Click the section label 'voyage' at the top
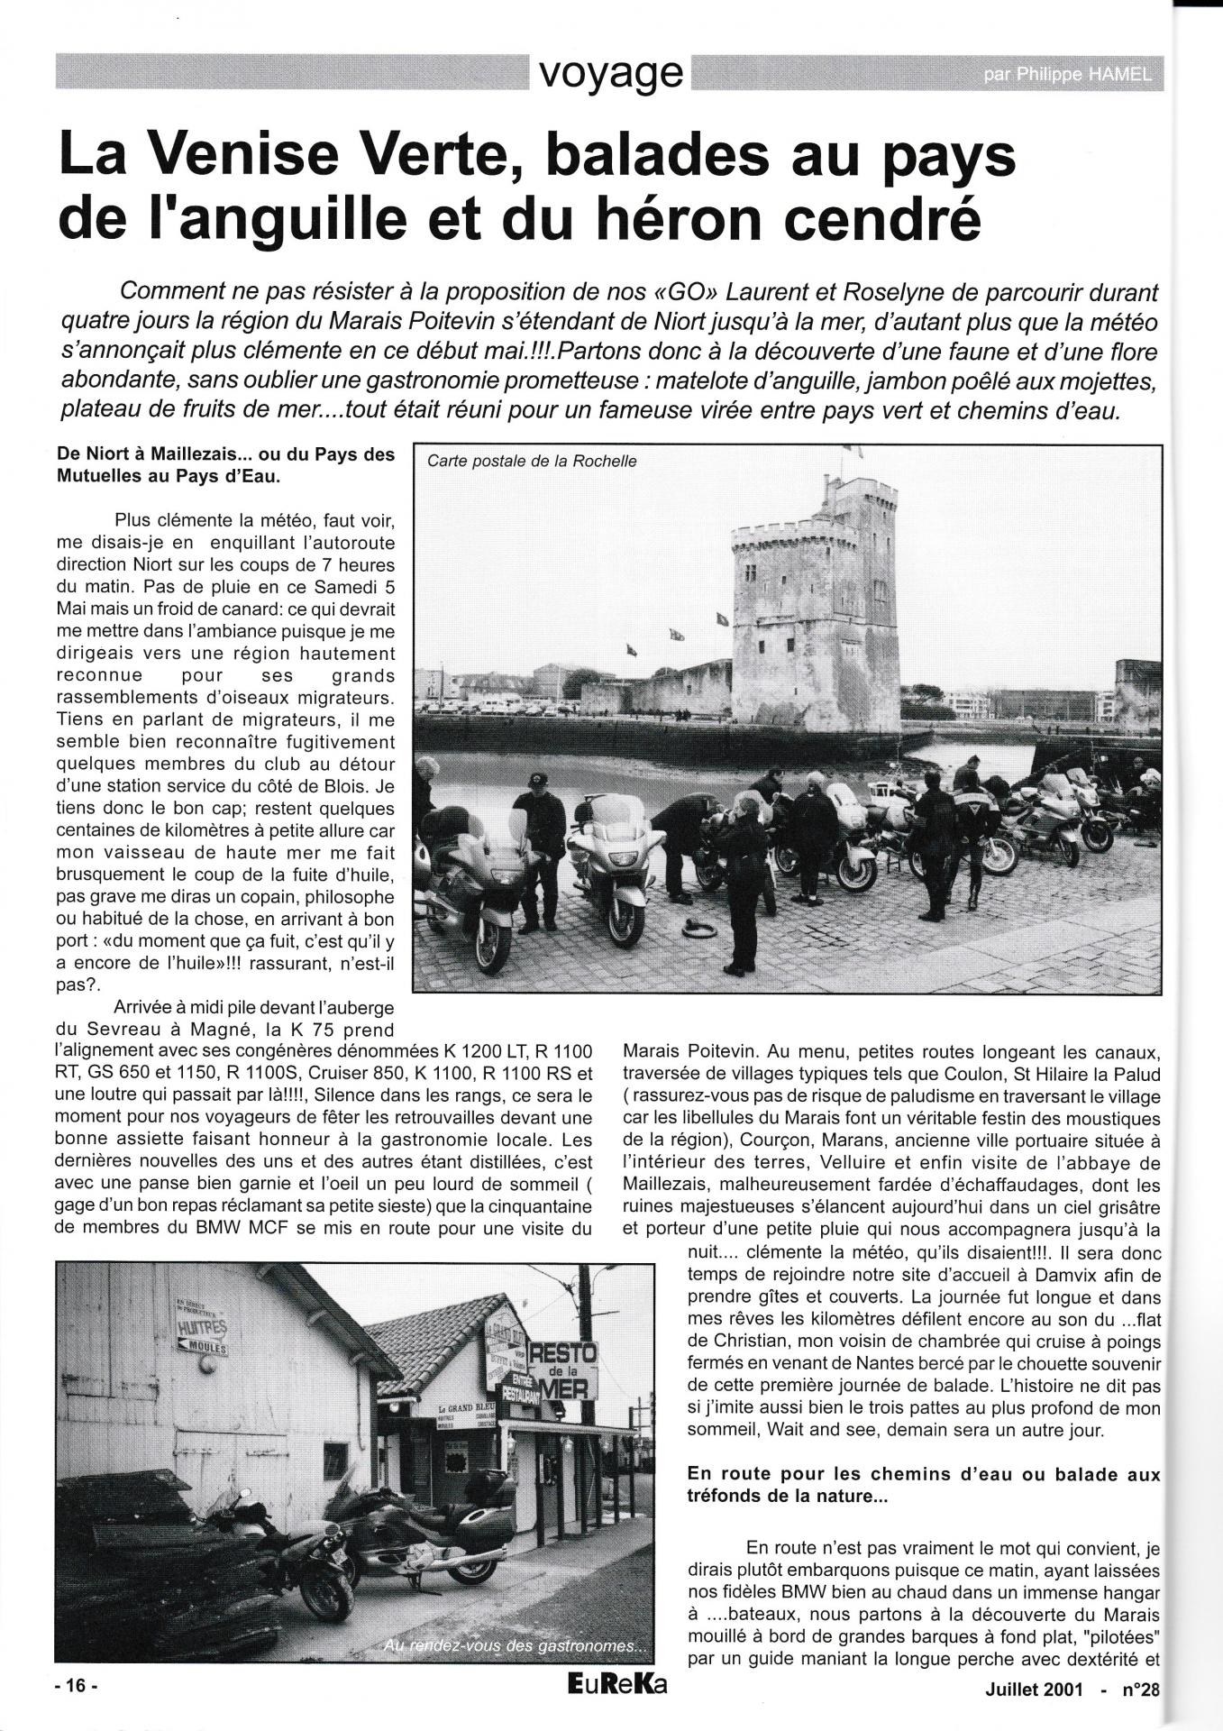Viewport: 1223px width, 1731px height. (x=610, y=73)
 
